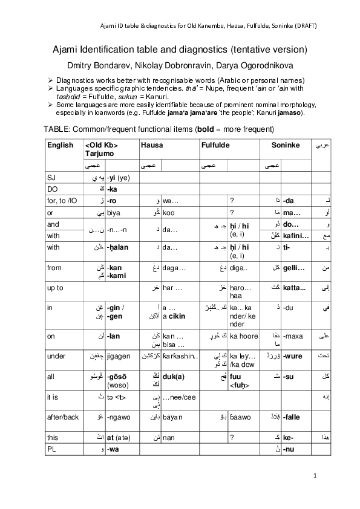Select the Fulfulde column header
(x=217, y=145)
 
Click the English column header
(x=60, y=145)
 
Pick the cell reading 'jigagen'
(x=119, y=356)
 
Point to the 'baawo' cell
(x=240, y=417)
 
